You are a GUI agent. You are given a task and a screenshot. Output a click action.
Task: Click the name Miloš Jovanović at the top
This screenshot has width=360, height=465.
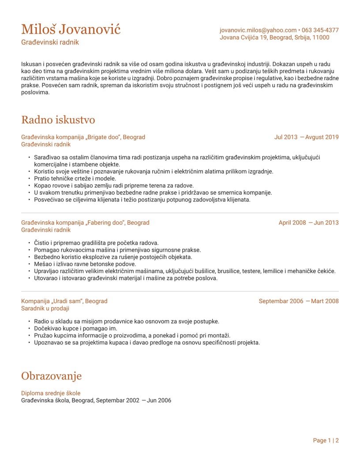tap(71, 29)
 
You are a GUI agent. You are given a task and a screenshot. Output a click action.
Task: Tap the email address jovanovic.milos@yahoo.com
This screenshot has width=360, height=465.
tap(258, 30)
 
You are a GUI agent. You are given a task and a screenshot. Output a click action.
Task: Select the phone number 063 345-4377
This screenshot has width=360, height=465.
tap(320, 30)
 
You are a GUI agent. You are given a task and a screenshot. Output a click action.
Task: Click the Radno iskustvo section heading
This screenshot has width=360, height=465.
tap(58, 120)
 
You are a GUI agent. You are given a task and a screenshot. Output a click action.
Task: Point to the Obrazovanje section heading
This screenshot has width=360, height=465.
tap(51, 376)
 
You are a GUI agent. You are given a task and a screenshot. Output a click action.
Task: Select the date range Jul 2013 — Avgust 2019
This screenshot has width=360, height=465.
tap(306, 137)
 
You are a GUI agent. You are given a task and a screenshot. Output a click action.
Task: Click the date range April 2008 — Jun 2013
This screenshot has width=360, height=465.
tap(308, 223)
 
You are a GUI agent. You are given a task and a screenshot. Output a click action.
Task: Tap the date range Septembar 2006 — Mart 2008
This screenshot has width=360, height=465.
tap(298, 301)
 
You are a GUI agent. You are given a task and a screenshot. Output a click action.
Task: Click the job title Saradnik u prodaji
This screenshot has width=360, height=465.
tap(45, 309)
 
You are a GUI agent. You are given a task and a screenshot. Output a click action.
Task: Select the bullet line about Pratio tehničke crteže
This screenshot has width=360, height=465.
tap(68, 179)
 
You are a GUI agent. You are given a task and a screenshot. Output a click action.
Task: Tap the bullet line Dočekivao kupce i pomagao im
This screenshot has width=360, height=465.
tap(75, 328)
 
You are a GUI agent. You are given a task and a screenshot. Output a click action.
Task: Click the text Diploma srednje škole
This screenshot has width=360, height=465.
tap(51, 393)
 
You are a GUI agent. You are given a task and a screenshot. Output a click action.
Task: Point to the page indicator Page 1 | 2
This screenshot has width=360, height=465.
tap(326, 440)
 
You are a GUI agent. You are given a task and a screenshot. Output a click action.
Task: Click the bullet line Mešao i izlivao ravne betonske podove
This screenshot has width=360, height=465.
tap(85, 264)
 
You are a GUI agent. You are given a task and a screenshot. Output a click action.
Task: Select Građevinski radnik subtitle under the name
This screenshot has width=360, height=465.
tap(50, 42)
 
